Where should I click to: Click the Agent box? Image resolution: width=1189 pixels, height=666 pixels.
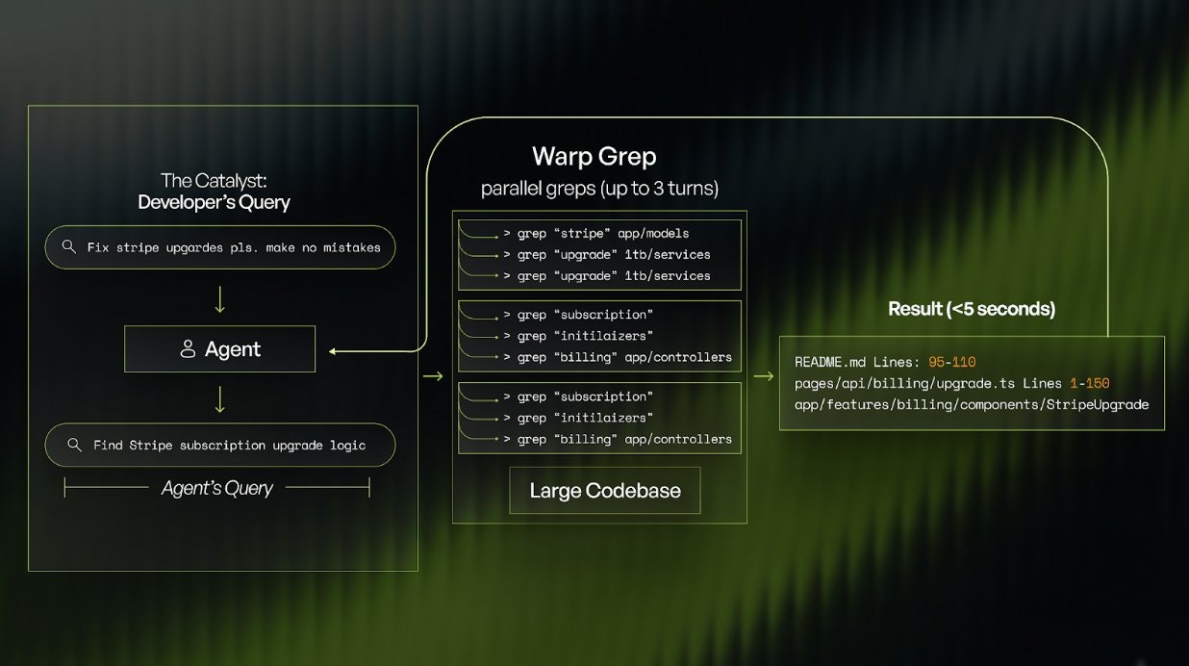(219, 348)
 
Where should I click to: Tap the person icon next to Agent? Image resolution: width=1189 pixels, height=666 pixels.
(188, 349)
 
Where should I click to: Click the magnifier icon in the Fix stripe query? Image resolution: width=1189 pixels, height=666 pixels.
(68, 247)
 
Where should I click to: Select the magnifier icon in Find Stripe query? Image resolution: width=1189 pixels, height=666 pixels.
(73, 445)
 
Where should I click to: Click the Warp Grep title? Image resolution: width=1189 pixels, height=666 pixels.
(594, 156)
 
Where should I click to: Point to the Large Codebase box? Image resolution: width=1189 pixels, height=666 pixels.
(604, 491)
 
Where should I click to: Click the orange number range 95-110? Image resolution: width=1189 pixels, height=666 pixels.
(951, 362)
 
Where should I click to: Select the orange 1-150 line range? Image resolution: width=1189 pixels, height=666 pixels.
(1089, 383)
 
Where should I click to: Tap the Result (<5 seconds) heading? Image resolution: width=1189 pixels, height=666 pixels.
(971, 309)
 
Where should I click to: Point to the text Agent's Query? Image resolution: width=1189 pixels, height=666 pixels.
(216, 489)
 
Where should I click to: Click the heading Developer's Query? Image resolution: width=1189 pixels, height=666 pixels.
(214, 202)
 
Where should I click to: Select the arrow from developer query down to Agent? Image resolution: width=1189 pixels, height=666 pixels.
(219, 298)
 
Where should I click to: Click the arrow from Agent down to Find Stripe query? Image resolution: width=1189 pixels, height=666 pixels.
(219, 397)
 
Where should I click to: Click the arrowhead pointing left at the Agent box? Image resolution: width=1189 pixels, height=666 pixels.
(333, 351)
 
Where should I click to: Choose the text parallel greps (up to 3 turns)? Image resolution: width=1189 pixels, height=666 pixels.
(599, 189)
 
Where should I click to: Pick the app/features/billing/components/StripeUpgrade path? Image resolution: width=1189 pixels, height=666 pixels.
(971, 404)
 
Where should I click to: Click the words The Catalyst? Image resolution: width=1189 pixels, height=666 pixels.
(214, 180)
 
